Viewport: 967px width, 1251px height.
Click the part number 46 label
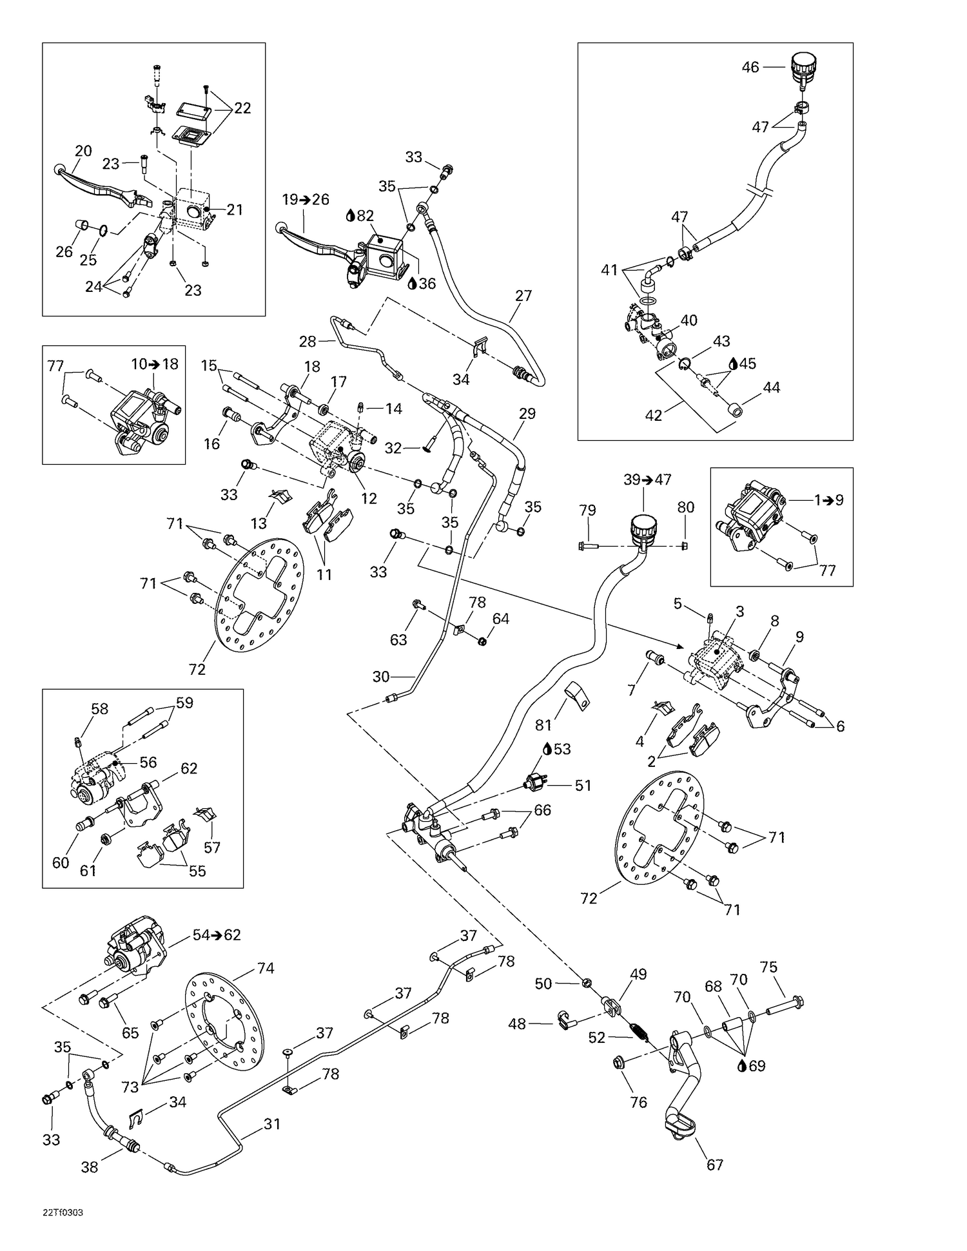[x=750, y=67]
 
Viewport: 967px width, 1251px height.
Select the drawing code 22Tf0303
[x=63, y=1212]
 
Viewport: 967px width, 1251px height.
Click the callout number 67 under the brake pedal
[x=715, y=1165]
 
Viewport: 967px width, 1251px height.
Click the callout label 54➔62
[x=217, y=935]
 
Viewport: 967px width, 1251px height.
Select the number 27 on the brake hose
[x=523, y=296]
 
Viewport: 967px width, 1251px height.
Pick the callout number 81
[x=543, y=725]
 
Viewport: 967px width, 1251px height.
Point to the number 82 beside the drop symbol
[x=366, y=216]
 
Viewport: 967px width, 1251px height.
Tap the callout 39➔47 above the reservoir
[x=647, y=480]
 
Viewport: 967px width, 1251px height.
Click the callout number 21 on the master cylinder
[x=235, y=209]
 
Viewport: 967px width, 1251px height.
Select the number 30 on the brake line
[x=381, y=677]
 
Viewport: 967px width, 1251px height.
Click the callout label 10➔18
[x=155, y=364]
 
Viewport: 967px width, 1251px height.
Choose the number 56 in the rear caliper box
[x=148, y=762]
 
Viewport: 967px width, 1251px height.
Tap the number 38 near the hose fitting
[x=90, y=1167]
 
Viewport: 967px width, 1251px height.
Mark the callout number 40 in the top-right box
[x=689, y=320]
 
